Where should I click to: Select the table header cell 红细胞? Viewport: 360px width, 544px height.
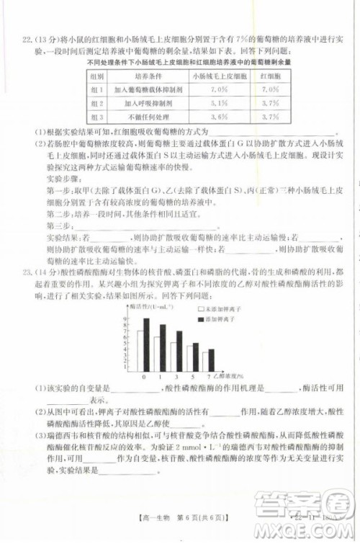click(269, 75)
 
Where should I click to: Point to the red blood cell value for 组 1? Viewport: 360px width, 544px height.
click(269, 89)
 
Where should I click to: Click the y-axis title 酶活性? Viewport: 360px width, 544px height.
click(144, 307)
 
